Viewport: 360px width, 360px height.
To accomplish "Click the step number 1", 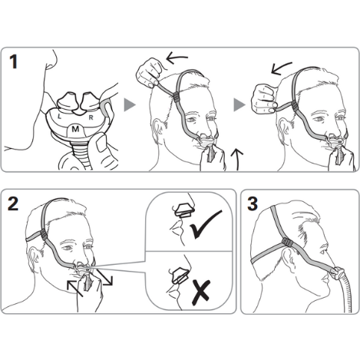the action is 14,61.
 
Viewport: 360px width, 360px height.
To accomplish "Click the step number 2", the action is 13,203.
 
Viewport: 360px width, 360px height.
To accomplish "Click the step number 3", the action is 253,204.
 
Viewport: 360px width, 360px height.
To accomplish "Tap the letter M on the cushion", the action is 75,129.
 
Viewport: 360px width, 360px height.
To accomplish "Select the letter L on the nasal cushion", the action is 59,117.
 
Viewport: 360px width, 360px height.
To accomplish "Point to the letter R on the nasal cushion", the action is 91,117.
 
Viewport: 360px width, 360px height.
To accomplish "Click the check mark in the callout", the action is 206,224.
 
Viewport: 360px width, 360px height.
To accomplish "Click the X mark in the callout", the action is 201,292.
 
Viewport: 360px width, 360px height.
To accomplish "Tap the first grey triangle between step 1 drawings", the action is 130,105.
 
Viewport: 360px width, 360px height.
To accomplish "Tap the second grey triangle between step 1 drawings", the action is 239,105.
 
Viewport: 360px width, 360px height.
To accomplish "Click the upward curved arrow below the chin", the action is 237,159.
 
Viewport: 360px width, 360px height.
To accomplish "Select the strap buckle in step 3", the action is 289,242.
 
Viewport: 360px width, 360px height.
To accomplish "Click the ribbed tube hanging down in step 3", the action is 345,293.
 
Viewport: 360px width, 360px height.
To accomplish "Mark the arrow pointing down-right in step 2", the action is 104,277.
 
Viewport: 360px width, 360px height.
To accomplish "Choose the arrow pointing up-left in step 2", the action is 75,289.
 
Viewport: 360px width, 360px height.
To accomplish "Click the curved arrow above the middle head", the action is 177,58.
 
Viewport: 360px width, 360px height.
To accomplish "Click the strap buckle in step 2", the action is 42,234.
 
